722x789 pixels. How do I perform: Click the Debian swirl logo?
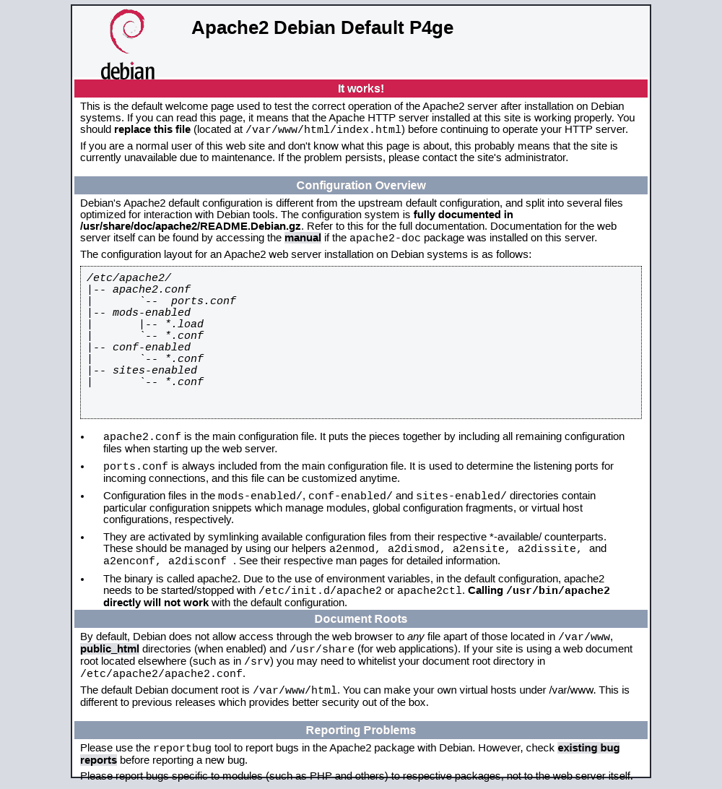[x=127, y=31]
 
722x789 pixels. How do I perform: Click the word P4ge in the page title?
[x=431, y=27]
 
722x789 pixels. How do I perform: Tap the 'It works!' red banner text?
[x=361, y=89]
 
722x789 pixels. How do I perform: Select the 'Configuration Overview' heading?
[x=361, y=186]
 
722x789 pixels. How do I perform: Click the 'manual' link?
[x=303, y=238]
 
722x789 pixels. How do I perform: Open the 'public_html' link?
[x=110, y=649]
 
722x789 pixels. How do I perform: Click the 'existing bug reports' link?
[x=588, y=748]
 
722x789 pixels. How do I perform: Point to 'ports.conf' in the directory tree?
[x=204, y=301]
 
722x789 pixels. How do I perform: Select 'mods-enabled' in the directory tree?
[x=152, y=313]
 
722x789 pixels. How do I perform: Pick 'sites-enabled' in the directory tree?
[x=155, y=371]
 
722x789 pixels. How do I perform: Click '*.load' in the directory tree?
[x=184, y=324]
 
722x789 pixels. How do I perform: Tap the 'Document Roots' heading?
[x=361, y=619]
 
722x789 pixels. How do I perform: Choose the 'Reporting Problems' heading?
[x=361, y=730]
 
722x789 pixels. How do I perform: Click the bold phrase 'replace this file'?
[x=152, y=129]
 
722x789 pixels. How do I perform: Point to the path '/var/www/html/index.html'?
[x=323, y=130]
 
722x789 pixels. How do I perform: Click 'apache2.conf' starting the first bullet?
[x=142, y=437]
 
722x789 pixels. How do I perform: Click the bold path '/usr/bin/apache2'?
[x=558, y=591]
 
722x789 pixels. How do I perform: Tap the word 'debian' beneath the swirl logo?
[x=128, y=71]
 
